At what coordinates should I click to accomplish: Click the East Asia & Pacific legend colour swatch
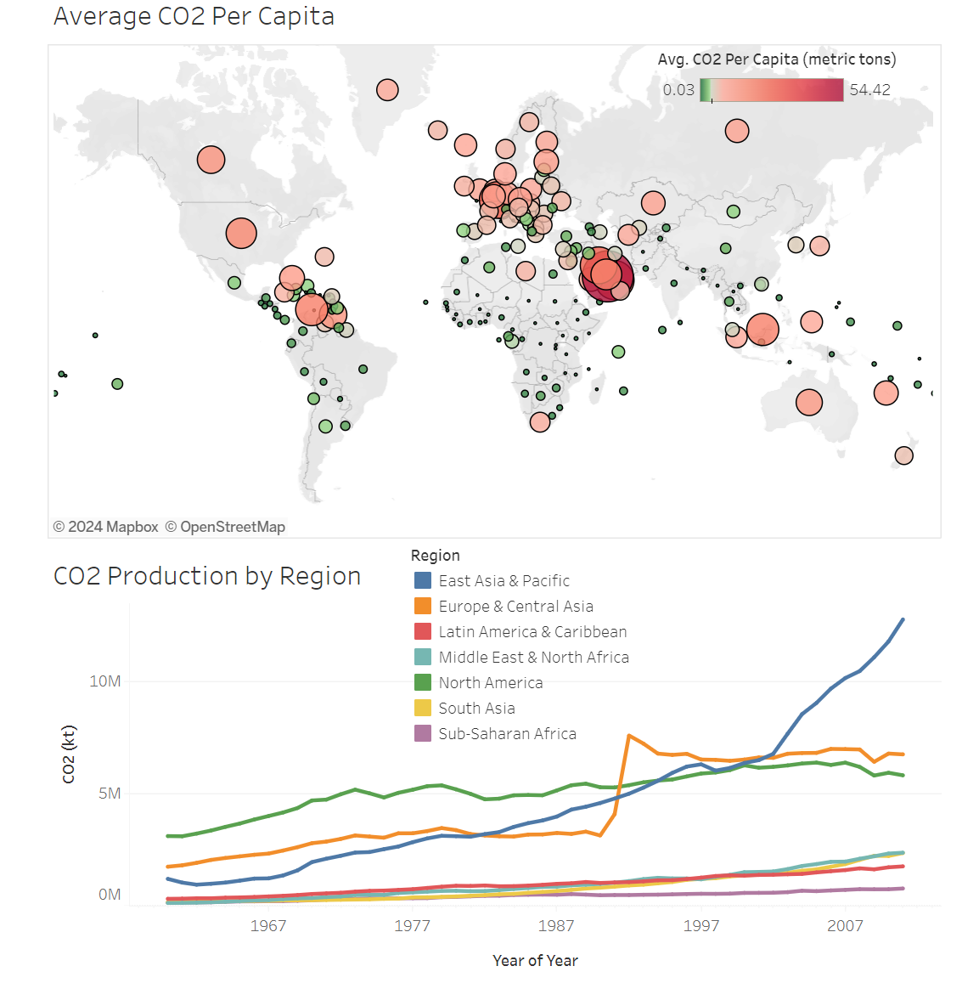(x=423, y=580)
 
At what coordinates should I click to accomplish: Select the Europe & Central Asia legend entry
(x=515, y=606)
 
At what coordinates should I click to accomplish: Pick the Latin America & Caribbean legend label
(x=532, y=631)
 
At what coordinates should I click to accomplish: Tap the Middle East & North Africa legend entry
(x=533, y=657)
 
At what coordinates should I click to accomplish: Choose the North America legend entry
(x=490, y=682)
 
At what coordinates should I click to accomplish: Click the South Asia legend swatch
(x=423, y=708)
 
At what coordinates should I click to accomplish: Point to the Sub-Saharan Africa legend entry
(x=507, y=733)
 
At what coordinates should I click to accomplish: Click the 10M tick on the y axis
(x=105, y=681)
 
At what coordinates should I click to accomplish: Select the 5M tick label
(x=110, y=793)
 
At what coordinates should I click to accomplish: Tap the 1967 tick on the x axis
(x=268, y=925)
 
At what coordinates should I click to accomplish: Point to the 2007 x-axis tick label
(x=846, y=925)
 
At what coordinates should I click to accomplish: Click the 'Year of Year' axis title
(x=535, y=960)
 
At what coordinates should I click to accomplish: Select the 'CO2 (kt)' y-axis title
(x=69, y=754)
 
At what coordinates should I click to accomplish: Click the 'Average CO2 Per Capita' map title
(x=194, y=16)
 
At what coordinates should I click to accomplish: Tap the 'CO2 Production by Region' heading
(x=207, y=576)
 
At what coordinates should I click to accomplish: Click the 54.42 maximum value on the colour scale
(x=869, y=90)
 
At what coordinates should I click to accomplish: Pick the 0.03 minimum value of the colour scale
(x=678, y=90)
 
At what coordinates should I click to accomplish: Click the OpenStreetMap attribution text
(x=225, y=527)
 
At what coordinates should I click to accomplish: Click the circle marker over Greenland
(x=387, y=90)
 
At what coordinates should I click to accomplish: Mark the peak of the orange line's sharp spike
(x=628, y=736)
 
